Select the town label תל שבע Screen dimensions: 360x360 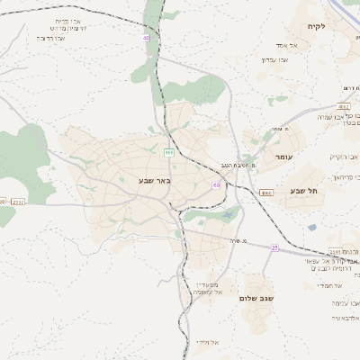(x=304, y=191)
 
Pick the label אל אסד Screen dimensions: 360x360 (x=274, y=45)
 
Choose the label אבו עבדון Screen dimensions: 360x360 (x=273, y=60)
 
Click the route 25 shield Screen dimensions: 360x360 (x=274, y=247)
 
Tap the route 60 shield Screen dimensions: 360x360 (x=216, y=184)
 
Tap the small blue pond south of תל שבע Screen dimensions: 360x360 (x=311, y=228)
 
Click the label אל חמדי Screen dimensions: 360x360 (x=333, y=285)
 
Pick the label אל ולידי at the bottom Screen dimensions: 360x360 (x=206, y=343)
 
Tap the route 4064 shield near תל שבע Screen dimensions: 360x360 (x=265, y=193)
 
